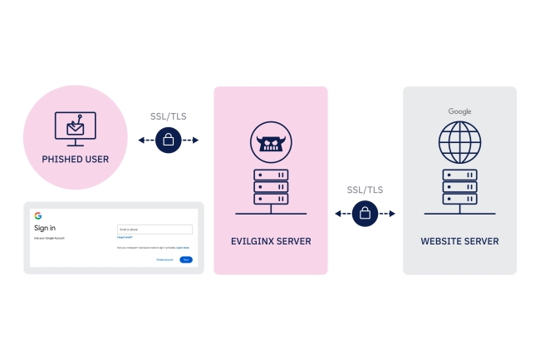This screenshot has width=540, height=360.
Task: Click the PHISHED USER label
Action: (75, 158)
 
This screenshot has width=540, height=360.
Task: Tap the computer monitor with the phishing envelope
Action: (75, 127)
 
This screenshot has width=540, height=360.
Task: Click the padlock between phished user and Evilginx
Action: (168, 140)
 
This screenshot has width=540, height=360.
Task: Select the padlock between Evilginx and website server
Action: (365, 214)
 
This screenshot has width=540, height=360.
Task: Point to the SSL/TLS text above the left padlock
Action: (168, 116)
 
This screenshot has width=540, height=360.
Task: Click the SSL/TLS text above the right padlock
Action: (365, 190)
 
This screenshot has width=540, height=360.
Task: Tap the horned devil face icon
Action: (271, 144)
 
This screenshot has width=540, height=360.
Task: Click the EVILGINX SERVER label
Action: (271, 241)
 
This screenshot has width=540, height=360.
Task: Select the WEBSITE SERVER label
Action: (459, 241)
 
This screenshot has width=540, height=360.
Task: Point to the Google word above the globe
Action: (459, 111)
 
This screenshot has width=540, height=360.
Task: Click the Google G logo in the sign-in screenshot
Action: (38, 216)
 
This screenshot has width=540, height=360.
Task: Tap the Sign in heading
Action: (45, 227)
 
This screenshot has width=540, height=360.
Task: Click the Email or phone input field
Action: (155, 229)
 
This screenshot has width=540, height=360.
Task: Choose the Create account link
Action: (164, 260)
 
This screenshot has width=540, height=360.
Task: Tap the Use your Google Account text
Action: (49, 238)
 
